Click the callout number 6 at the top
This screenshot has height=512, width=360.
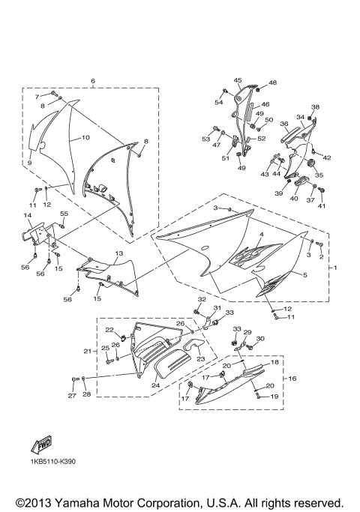[x=92, y=80]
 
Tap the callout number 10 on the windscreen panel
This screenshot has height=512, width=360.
[x=85, y=138]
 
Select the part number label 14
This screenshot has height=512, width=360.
[x=28, y=216]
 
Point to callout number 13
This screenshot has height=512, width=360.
[x=118, y=254]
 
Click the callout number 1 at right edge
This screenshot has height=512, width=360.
[x=336, y=268]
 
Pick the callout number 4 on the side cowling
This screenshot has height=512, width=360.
[x=262, y=235]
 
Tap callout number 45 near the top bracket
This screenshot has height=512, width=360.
[x=237, y=80]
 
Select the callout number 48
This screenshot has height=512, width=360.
[x=272, y=82]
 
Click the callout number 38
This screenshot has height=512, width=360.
[x=315, y=107]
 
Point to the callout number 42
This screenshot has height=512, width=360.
[x=327, y=157]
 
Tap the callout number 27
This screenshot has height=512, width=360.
[x=72, y=395]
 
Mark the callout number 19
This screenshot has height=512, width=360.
[x=274, y=397]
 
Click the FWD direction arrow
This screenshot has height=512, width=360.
[x=39, y=445]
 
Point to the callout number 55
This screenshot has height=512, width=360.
[x=64, y=214]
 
